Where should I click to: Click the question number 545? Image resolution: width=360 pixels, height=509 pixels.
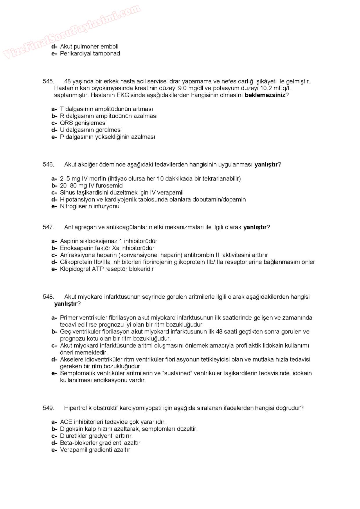(x=48, y=81)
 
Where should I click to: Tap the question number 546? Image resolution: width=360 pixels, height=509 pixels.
(x=48, y=165)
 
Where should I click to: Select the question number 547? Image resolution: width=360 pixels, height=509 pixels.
(x=48, y=227)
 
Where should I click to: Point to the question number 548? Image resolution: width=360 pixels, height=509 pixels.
(x=48, y=297)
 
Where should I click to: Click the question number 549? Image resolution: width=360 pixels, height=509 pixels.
(x=48, y=408)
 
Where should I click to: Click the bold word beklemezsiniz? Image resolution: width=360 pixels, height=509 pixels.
(x=265, y=95)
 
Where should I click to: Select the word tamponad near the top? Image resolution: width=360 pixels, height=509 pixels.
(x=107, y=53)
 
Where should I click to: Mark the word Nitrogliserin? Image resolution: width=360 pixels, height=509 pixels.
(x=75, y=206)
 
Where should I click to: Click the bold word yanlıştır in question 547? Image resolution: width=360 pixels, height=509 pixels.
(x=255, y=227)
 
